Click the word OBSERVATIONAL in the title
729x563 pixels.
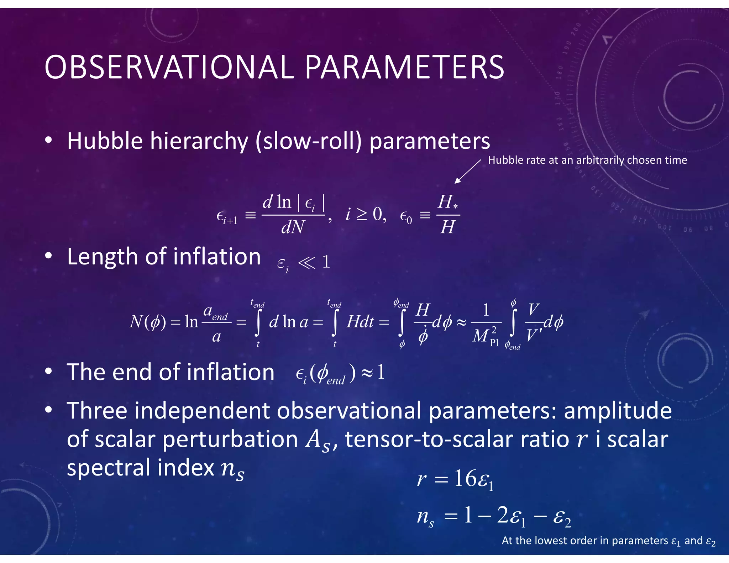tap(169, 68)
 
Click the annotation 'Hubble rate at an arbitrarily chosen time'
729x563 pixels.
tap(587, 160)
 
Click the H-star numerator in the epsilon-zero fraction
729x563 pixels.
tap(447, 202)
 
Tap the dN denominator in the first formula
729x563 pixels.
tap(293, 227)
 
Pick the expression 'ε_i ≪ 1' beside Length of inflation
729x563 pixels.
tap(304, 263)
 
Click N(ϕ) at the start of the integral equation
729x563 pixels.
tap(147, 322)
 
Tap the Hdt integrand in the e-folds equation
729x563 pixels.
tap(360, 322)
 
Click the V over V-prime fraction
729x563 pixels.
tap(533, 322)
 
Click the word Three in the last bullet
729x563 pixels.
tap(97, 411)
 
